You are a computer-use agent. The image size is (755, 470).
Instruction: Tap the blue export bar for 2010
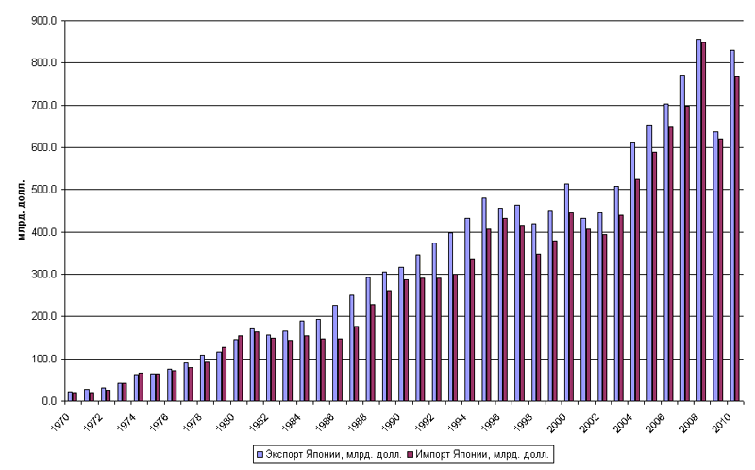731,226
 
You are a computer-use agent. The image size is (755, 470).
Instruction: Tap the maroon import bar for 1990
406,340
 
